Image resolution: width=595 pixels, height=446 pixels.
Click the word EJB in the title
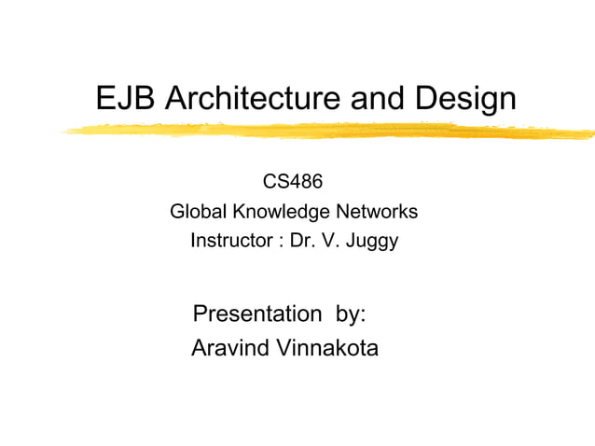[126, 98]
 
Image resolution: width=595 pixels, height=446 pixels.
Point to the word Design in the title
[463, 98]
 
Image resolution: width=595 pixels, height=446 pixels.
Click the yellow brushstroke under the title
[326, 132]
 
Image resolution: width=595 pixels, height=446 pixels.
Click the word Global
[198, 212]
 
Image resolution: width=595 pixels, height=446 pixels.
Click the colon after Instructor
[280, 243]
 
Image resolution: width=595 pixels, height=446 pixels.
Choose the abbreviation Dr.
[301, 242]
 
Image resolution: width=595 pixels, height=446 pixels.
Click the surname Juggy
[370, 243]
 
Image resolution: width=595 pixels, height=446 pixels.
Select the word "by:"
[350, 314]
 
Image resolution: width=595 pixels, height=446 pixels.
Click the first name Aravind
[229, 349]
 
